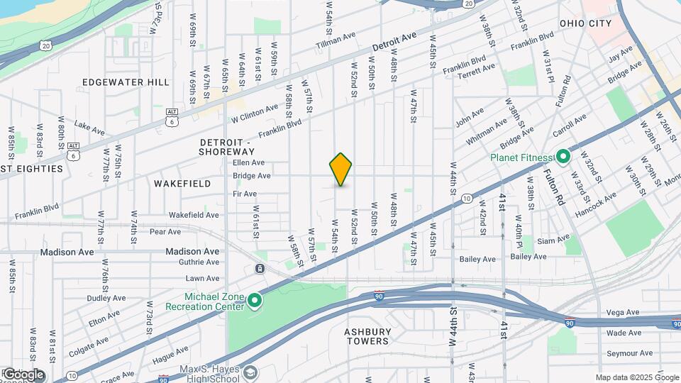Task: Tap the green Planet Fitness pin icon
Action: point(563,156)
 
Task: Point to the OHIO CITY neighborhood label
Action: point(585,23)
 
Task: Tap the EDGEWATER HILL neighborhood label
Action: point(126,82)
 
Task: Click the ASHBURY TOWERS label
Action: point(367,336)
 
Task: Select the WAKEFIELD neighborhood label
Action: point(182,184)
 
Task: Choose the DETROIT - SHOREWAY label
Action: point(226,147)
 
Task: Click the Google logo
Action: point(23,374)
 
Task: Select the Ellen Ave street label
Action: point(248,162)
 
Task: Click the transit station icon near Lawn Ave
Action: point(260,269)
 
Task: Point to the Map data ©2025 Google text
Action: point(637,377)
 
